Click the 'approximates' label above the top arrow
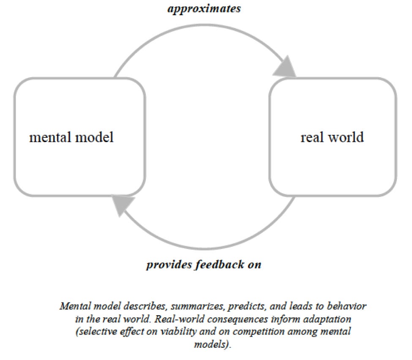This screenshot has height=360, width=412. (204, 8)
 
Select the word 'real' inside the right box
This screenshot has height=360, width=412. (311, 137)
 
